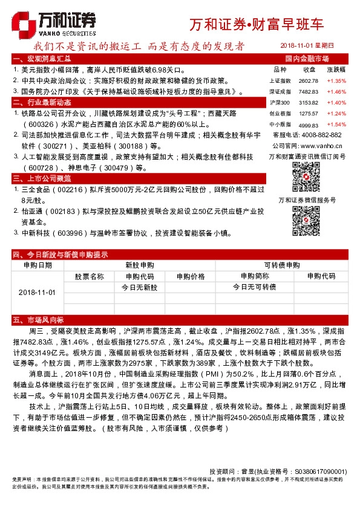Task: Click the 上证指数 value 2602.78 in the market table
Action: [309, 80]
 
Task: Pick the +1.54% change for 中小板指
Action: [336, 124]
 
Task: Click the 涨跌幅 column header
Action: [336, 70]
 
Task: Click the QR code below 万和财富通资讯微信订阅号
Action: [307, 176]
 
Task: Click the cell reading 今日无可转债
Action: [254, 287]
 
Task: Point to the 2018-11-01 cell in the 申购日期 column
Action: [37, 292]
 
